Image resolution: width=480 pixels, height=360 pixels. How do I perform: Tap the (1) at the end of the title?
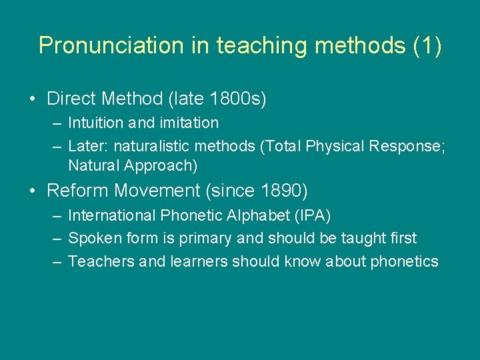click(x=427, y=46)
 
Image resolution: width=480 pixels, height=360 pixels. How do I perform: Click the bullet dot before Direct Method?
click(x=33, y=99)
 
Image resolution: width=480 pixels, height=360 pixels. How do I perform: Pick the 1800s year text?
click(x=237, y=99)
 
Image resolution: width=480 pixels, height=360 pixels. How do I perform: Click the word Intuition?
click(x=95, y=123)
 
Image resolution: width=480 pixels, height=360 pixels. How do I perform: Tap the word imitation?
click(x=187, y=123)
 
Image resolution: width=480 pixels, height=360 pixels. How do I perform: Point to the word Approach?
click(x=163, y=164)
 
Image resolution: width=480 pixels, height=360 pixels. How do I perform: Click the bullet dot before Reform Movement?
click(x=33, y=191)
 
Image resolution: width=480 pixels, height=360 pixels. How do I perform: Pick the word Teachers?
click(x=101, y=261)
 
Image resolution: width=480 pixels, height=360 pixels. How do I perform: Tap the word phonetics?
click(x=404, y=261)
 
